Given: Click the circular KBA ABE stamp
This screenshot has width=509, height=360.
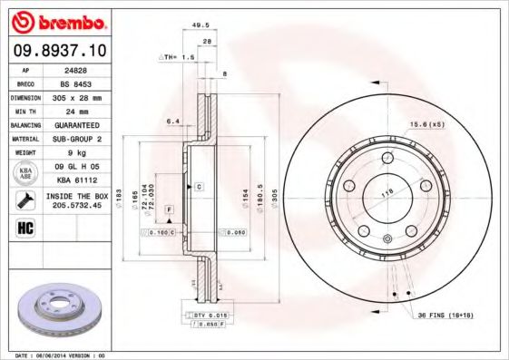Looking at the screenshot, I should (25, 173).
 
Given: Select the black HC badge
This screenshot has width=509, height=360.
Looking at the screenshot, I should (25, 227).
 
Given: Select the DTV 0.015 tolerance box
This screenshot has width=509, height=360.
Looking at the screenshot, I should (211, 314).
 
